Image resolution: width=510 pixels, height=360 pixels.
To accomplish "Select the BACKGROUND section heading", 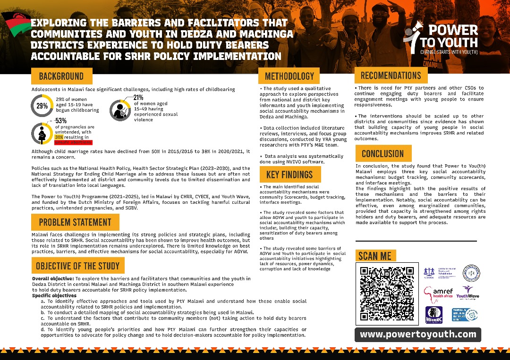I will (x=61, y=76).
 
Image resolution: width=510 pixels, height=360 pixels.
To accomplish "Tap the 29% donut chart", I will (x=42, y=106).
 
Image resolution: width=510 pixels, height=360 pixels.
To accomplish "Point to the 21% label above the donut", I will (x=138, y=98).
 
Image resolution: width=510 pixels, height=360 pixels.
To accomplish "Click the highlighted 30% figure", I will (x=59, y=137).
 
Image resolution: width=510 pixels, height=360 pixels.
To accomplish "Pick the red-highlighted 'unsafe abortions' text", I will (x=73, y=142).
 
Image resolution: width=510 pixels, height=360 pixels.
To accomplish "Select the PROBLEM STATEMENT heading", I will (x=75, y=222).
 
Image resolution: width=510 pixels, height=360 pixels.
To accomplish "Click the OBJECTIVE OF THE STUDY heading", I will (x=78, y=266).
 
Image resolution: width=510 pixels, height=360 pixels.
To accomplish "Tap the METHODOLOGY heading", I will (x=289, y=76).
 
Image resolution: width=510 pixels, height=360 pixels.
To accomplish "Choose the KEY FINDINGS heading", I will (x=289, y=175).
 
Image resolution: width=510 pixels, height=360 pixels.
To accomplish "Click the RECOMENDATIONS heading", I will (x=391, y=75).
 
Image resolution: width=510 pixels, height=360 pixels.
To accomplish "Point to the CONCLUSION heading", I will (x=383, y=154).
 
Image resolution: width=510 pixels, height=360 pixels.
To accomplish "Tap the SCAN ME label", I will (x=375, y=256).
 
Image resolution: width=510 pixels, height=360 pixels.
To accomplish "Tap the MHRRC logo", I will (x=433, y=315).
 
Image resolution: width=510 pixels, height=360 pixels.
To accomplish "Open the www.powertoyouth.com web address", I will (x=418, y=335).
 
